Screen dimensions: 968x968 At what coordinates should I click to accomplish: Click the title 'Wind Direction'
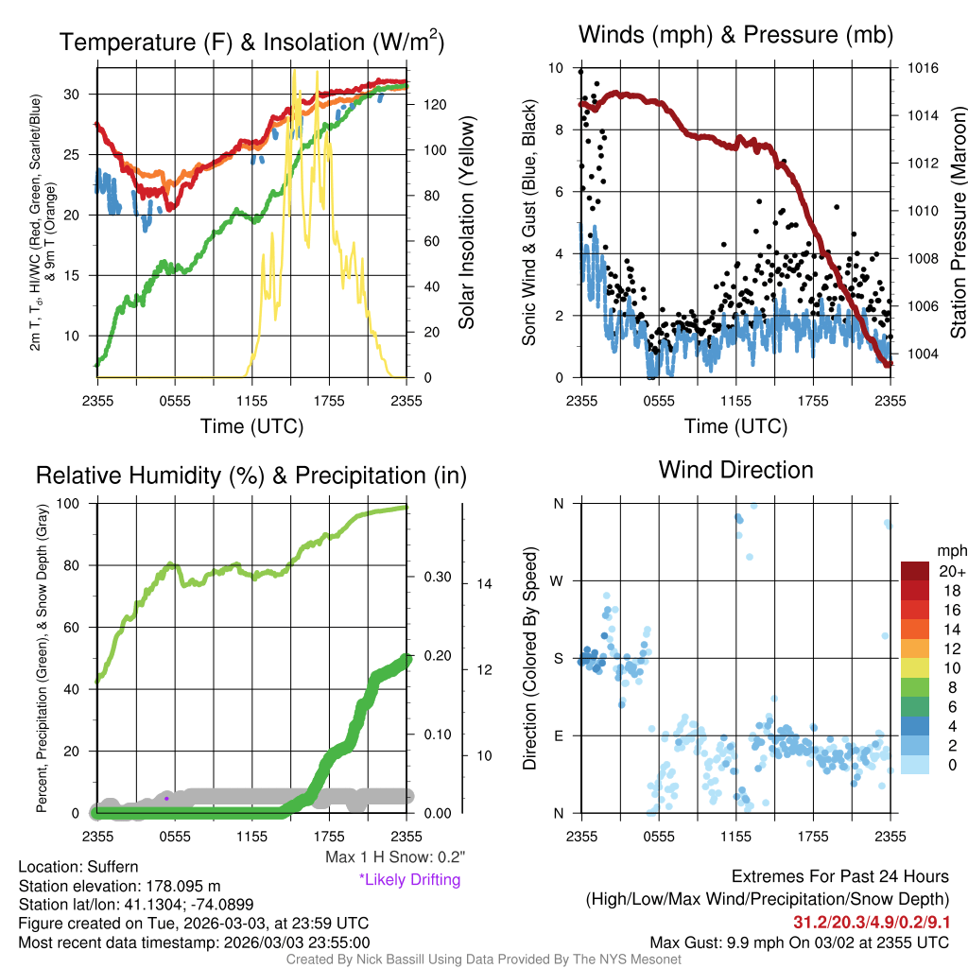[x=735, y=470]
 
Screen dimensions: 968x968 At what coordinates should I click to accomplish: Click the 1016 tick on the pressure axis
[x=923, y=68]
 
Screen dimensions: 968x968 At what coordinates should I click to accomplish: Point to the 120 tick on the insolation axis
[x=435, y=105]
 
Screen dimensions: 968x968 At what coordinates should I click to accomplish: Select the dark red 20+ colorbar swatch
[x=915, y=571]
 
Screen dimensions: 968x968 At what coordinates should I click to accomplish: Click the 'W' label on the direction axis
[x=557, y=581]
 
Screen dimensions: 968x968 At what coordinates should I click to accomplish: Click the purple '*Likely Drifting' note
[x=410, y=879]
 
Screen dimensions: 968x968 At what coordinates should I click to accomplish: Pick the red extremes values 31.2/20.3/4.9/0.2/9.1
[x=871, y=922]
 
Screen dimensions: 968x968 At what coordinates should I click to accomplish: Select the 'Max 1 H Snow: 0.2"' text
[x=395, y=856]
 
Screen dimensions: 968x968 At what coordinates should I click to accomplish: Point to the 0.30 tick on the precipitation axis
[x=438, y=578]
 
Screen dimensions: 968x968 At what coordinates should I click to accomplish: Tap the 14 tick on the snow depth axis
[x=484, y=584]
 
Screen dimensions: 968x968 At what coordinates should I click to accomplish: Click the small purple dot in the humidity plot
[x=166, y=799]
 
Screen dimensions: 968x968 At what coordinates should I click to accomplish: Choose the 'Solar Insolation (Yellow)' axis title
[x=467, y=222]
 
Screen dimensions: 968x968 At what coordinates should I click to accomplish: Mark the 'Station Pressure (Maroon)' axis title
[x=959, y=222]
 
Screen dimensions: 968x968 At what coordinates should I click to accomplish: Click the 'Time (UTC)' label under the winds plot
[x=735, y=426]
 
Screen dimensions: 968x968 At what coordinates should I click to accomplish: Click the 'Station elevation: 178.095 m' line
[x=120, y=886]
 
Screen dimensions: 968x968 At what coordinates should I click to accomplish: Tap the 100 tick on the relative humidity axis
[x=68, y=504]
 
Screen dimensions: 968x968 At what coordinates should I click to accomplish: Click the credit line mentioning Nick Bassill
[x=484, y=959]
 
